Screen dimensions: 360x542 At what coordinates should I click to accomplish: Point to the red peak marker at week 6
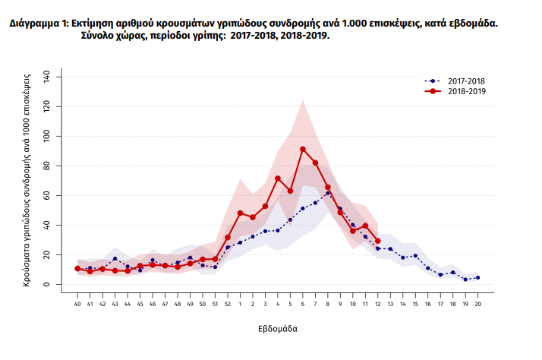303,149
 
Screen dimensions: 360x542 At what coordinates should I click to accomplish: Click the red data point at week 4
278,178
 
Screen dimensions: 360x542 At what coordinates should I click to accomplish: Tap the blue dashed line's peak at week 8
328,193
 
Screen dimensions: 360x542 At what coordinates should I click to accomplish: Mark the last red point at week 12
377,241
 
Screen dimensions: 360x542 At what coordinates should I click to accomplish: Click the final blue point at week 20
477,278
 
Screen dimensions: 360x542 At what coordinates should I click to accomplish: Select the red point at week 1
241,213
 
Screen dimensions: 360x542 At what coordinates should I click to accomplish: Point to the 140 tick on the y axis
47,77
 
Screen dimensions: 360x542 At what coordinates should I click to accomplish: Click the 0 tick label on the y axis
47,285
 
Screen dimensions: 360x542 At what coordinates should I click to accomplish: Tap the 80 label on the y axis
47,166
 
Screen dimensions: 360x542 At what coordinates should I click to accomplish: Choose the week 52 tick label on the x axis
228,304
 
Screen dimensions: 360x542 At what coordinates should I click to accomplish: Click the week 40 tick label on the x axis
77,304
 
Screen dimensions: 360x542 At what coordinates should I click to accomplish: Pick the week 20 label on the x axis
477,304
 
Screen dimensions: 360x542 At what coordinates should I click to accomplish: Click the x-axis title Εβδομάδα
276,330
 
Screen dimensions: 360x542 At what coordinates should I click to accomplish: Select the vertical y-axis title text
27,180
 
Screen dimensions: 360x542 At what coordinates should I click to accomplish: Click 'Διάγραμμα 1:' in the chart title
37,24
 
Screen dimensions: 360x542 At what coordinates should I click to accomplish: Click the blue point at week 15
415,256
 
